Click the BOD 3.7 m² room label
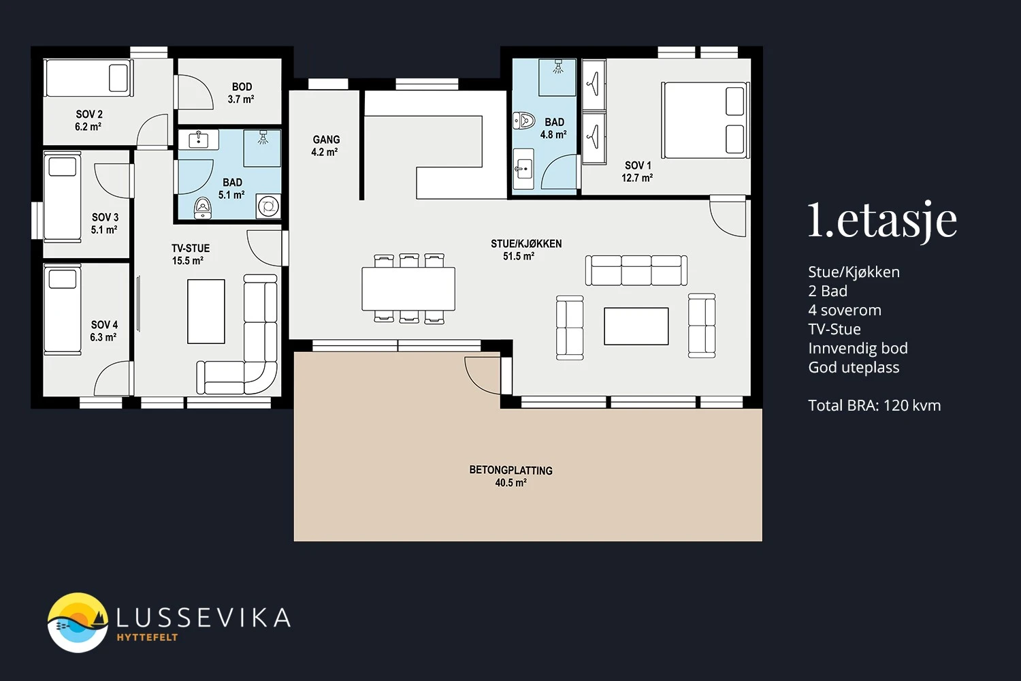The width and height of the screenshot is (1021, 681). click(x=241, y=93)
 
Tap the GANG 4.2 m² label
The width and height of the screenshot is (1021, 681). click(x=326, y=146)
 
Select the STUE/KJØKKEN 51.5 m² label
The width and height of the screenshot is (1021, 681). click(x=525, y=250)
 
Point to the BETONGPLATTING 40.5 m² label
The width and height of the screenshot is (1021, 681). click(x=511, y=477)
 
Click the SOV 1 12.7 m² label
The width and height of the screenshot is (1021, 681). click(x=638, y=172)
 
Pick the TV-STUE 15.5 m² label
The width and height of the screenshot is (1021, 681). click(x=190, y=255)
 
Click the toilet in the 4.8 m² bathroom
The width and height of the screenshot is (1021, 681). click(x=524, y=121)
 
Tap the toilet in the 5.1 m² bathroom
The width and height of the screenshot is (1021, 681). click(x=203, y=208)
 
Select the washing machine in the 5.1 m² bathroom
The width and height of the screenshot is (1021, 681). click(x=268, y=206)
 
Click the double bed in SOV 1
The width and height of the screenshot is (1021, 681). click(x=705, y=120)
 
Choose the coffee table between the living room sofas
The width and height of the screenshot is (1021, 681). click(x=636, y=326)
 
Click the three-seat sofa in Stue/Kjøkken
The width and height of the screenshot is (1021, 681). click(x=636, y=270)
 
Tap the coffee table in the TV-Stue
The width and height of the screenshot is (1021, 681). click(x=206, y=311)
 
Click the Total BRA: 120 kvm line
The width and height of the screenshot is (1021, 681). click(x=874, y=405)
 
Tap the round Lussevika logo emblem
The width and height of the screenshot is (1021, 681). click(x=78, y=622)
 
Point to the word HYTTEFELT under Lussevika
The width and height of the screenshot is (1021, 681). click(x=147, y=637)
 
